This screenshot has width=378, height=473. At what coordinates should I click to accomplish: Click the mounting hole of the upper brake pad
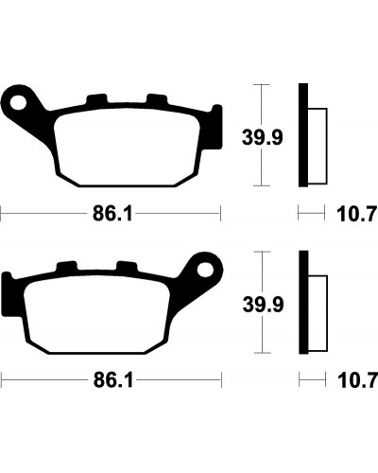(18, 101)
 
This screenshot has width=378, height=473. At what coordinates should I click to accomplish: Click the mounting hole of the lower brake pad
(205, 269)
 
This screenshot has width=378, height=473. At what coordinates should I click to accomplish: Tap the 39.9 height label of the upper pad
(262, 138)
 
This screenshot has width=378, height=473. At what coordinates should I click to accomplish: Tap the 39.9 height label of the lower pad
(263, 305)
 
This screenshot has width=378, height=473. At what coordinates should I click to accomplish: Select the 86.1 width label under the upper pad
(112, 215)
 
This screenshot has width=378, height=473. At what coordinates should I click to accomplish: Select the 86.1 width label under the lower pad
(113, 381)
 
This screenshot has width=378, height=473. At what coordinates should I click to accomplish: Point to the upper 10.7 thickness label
(357, 215)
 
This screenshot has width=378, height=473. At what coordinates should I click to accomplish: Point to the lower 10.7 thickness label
(357, 381)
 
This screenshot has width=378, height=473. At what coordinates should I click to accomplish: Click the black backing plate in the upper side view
(303, 135)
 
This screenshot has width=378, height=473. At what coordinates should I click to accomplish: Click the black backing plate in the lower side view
(303, 302)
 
